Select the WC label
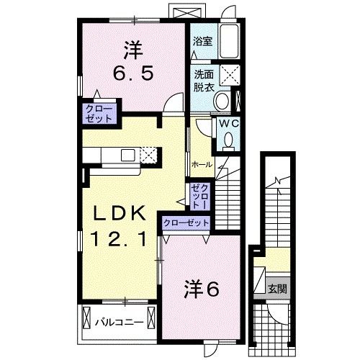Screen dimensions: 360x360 click(x=228, y=123)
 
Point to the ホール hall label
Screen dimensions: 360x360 click(x=202, y=164)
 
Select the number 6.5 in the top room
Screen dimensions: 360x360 click(x=133, y=72)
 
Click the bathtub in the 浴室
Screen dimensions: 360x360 click(x=230, y=41)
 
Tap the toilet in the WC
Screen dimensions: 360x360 click(x=229, y=141)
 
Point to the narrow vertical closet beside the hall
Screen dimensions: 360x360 click(x=199, y=195)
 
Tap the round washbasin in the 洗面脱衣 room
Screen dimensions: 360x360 click(x=222, y=100)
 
